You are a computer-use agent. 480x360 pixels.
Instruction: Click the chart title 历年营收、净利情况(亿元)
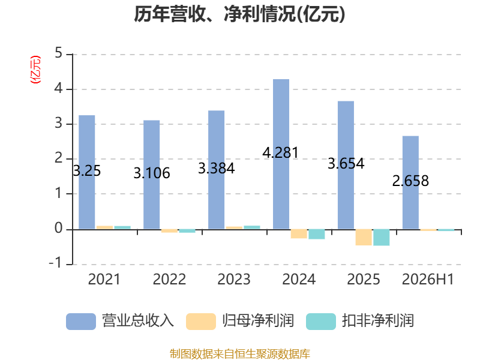(239, 14)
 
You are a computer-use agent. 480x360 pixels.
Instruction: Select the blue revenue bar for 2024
(281, 154)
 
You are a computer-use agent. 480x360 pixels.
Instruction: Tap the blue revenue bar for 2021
(87, 172)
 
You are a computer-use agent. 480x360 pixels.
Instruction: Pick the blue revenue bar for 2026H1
(410, 182)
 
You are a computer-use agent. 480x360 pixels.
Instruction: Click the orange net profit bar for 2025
(364, 237)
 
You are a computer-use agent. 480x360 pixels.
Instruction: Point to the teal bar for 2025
(382, 238)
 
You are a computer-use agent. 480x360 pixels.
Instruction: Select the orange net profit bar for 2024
(299, 234)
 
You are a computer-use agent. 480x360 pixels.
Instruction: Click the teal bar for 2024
(317, 234)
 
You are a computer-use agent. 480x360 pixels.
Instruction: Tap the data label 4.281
(280, 152)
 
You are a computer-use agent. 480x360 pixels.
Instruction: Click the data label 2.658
(410, 181)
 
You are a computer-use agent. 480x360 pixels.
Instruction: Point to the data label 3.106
(152, 173)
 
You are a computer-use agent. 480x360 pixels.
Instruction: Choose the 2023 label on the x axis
(234, 279)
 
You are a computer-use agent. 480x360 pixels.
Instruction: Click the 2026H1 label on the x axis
(428, 279)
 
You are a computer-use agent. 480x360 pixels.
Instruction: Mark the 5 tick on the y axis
(58, 53)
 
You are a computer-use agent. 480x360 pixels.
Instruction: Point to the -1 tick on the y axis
(56, 263)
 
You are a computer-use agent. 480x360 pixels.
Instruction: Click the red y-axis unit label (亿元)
(35, 70)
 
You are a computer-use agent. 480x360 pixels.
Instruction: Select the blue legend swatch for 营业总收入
(81, 322)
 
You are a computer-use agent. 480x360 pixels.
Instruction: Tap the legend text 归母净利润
(258, 321)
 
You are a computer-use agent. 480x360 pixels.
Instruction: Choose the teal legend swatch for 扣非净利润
(321, 322)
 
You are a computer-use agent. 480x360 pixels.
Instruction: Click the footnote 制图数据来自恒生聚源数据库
(240, 353)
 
